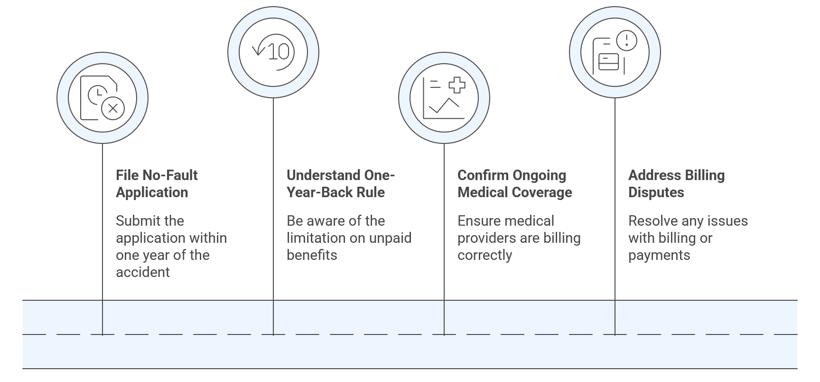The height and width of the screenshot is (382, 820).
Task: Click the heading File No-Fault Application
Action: (157, 184)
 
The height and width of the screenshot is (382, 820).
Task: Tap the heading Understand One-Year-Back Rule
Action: (340, 184)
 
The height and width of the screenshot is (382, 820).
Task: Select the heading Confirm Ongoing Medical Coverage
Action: (514, 184)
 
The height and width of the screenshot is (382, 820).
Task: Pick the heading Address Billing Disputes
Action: (676, 184)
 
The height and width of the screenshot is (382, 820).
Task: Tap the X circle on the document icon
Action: (113, 108)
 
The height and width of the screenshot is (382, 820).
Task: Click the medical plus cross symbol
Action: (457, 85)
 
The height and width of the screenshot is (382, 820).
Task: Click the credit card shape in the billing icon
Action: (608, 62)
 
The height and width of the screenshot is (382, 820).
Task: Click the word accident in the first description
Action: (142, 272)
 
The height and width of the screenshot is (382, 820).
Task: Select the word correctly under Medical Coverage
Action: (485, 255)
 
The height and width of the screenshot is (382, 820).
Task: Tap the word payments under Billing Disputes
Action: (659, 255)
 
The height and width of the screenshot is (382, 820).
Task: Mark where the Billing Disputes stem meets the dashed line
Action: (615, 334)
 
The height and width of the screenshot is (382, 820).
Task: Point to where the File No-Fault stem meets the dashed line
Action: (102, 334)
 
